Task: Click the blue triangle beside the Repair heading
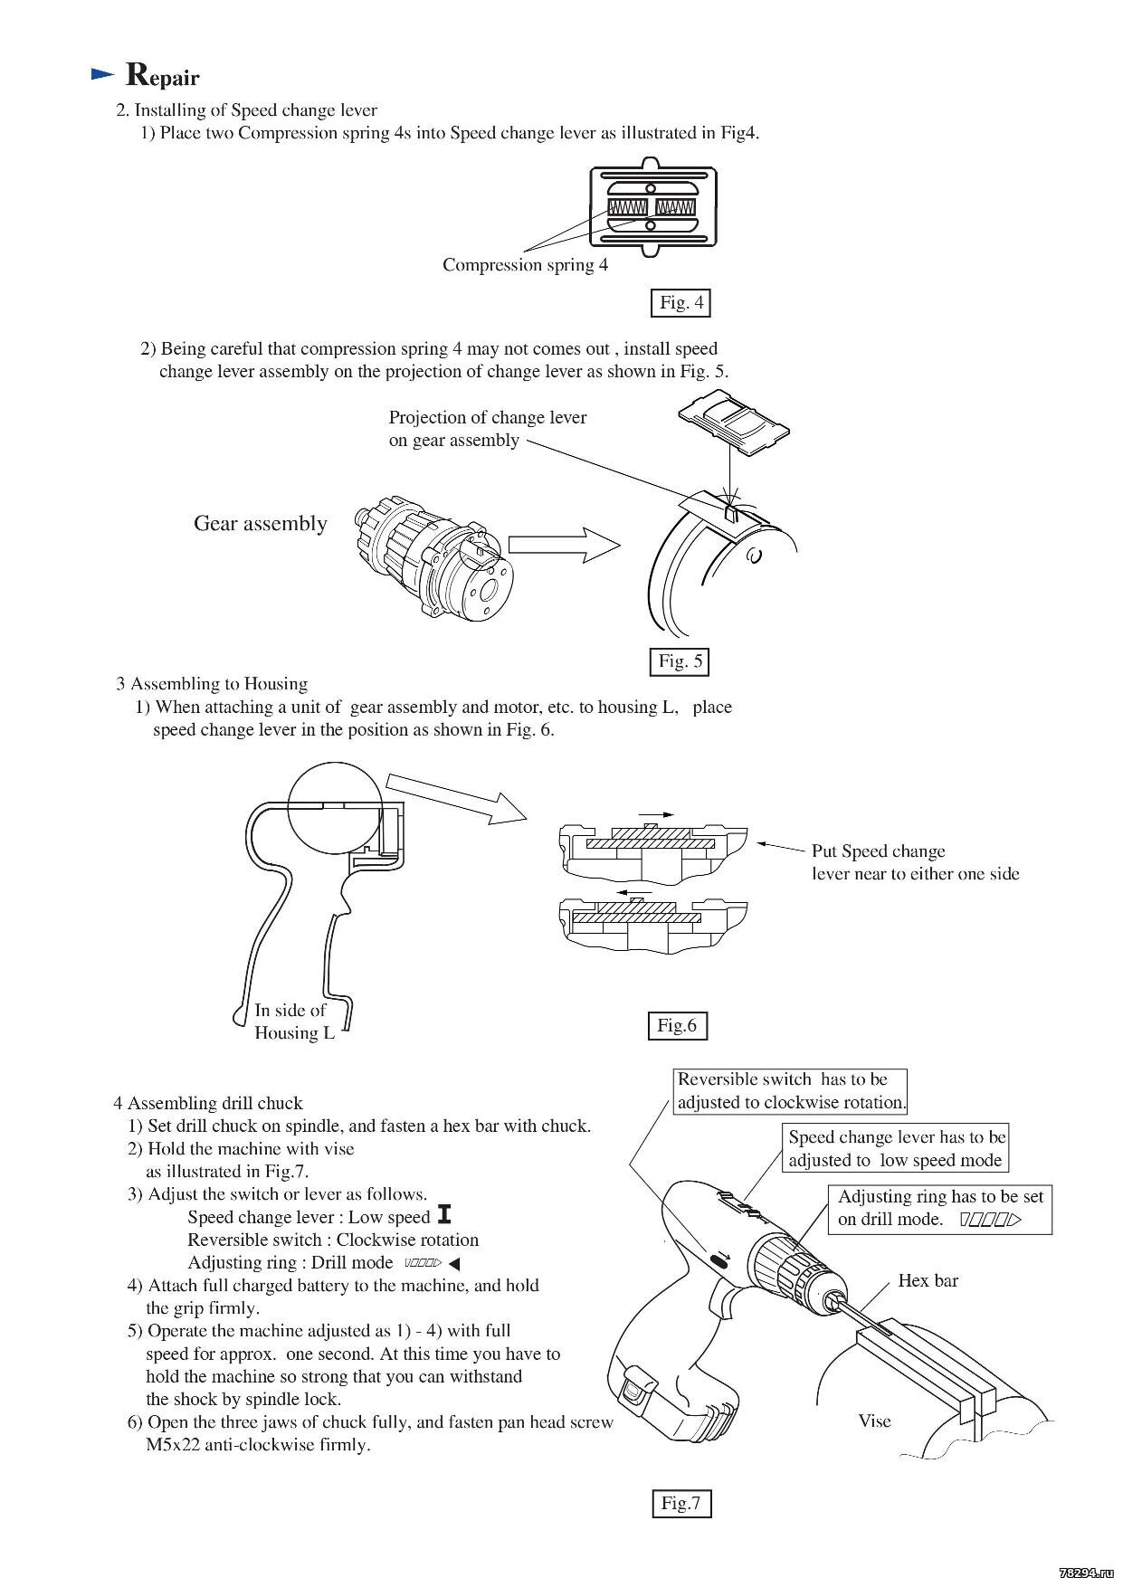[x=103, y=74]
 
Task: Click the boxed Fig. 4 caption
[x=680, y=302]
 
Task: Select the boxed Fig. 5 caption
[x=680, y=661]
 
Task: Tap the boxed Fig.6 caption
[x=677, y=1025]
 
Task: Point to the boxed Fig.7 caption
[x=680, y=1503]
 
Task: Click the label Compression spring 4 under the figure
[x=525, y=265]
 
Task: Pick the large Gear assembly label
[x=260, y=523]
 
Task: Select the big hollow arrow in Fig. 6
[x=456, y=796]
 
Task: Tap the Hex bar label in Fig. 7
[x=928, y=1280]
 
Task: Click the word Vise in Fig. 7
[x=874, y=1421]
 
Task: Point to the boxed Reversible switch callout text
[x=790, y=1091]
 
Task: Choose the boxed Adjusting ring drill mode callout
[x=939, y=1208]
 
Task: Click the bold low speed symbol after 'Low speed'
[x=443, y=1216]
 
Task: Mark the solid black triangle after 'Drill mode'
[x=454, y=1263]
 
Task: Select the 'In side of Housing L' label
[x=293, y=1022]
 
